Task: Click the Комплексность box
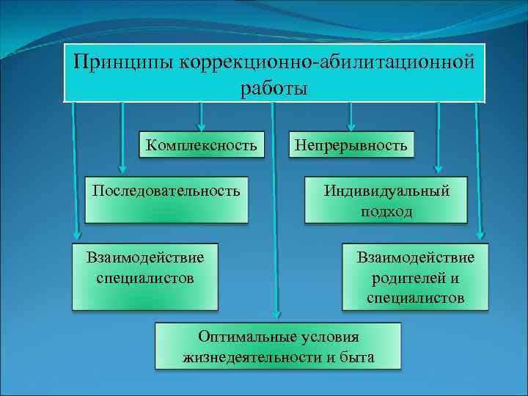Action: pyautogui.click(x=201, y=144)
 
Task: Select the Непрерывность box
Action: pyautogui.click(x=351, y=144)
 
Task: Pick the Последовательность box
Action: pyautogui.click(x=166, y=199)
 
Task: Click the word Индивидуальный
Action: pyautogui.click(x=386, y=191)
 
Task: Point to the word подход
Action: pyautogui.click(x=386, y=211)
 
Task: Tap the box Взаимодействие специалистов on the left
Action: pyautogui.click(x=144, y=276)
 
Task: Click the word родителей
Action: pyautogui.click(x=415, y=278)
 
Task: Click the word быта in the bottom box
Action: pyautogui.click(x=357, y=357)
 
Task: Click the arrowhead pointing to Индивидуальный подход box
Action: pyautogui.click(x=439, y=166)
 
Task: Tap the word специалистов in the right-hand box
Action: pyautogui.click(x=415, y=298)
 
